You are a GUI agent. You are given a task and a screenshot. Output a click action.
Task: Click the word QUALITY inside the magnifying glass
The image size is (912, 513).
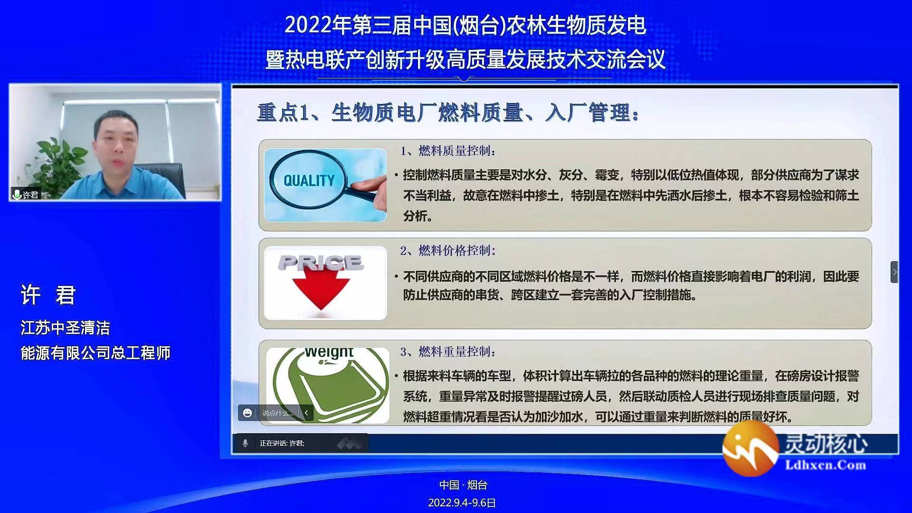309,180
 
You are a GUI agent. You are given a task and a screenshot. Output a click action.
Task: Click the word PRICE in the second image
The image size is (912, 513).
321,263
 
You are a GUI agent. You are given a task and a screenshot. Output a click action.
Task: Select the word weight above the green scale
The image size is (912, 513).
329,352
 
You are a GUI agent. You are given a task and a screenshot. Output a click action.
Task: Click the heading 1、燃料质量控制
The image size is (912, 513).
448,151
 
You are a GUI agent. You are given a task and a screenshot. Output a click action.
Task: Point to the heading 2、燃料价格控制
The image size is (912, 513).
448,251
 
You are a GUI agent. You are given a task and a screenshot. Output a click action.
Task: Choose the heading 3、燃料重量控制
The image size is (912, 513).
448,352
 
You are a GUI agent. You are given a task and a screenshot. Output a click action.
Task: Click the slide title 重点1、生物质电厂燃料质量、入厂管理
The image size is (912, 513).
448,113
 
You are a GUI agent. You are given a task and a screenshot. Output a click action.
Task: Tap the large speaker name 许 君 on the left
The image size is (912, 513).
48,295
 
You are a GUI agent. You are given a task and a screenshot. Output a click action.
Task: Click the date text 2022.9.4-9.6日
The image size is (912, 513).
462,503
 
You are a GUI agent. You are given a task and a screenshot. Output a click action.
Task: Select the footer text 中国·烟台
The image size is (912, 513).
463,485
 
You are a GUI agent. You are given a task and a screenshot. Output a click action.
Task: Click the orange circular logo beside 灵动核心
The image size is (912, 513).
750,448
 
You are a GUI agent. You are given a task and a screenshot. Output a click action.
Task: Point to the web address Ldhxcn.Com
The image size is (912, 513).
826,465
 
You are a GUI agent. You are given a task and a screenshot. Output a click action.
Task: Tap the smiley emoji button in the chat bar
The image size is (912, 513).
247,413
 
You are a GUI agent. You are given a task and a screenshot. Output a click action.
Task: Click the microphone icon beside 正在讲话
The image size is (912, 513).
245,443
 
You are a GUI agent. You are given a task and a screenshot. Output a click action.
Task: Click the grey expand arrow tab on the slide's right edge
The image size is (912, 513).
894,272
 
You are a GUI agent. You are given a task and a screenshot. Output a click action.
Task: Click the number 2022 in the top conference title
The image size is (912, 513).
308,25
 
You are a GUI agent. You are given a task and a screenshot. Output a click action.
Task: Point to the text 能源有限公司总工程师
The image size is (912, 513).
95,353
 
